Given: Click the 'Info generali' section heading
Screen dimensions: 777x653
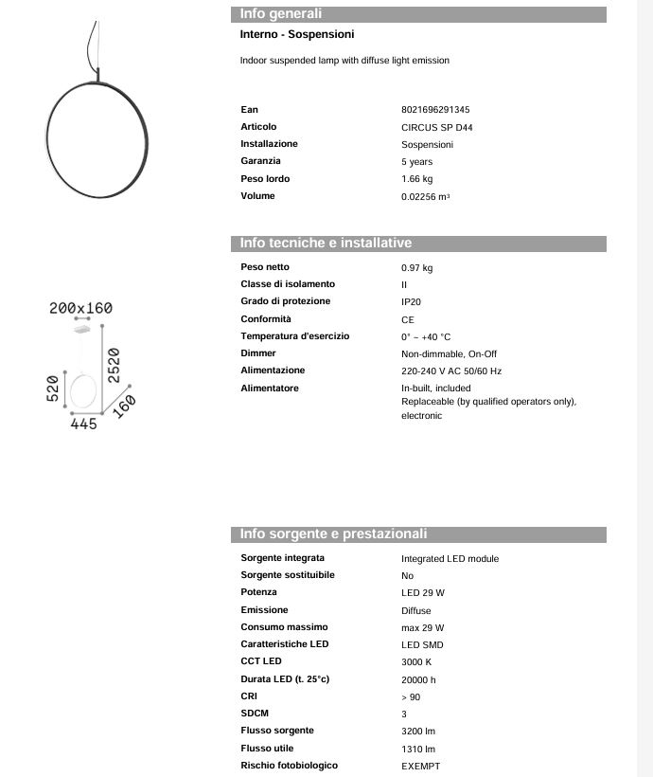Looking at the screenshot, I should (x=281, y=14).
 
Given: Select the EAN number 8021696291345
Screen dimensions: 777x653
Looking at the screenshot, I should (x=435, y=110).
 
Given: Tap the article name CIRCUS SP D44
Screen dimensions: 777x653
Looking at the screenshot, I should (x=437, y=127).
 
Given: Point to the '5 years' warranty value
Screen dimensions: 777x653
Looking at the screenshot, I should (x=417, y=162).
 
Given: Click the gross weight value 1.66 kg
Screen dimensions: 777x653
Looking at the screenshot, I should (x=417, y=179).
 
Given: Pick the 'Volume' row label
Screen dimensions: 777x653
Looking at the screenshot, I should (x=257, y=196).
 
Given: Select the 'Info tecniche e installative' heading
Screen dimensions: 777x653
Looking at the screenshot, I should (x=326, y=244).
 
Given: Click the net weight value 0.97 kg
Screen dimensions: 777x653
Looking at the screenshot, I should (x=417, y=268).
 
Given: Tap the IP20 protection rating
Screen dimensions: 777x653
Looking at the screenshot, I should (x=413, y=302).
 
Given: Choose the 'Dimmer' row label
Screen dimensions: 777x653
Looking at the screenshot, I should (x=258, y=353).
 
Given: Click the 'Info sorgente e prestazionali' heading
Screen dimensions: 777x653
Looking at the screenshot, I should (x=333, y=534).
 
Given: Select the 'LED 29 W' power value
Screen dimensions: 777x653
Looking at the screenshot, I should (x=423, y=593).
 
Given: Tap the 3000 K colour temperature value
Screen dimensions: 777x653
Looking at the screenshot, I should (x=417, y=662).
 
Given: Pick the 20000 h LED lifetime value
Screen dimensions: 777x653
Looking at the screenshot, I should (x=418, y=680).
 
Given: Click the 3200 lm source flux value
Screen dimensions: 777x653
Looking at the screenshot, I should (x=418, y=732).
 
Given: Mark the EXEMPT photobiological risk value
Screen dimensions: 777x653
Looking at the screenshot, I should (x=421, y=767).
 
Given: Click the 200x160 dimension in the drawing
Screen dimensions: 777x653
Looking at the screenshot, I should (x=80, y=308).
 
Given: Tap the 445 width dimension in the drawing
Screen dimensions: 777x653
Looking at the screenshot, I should (x=84, y=425).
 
